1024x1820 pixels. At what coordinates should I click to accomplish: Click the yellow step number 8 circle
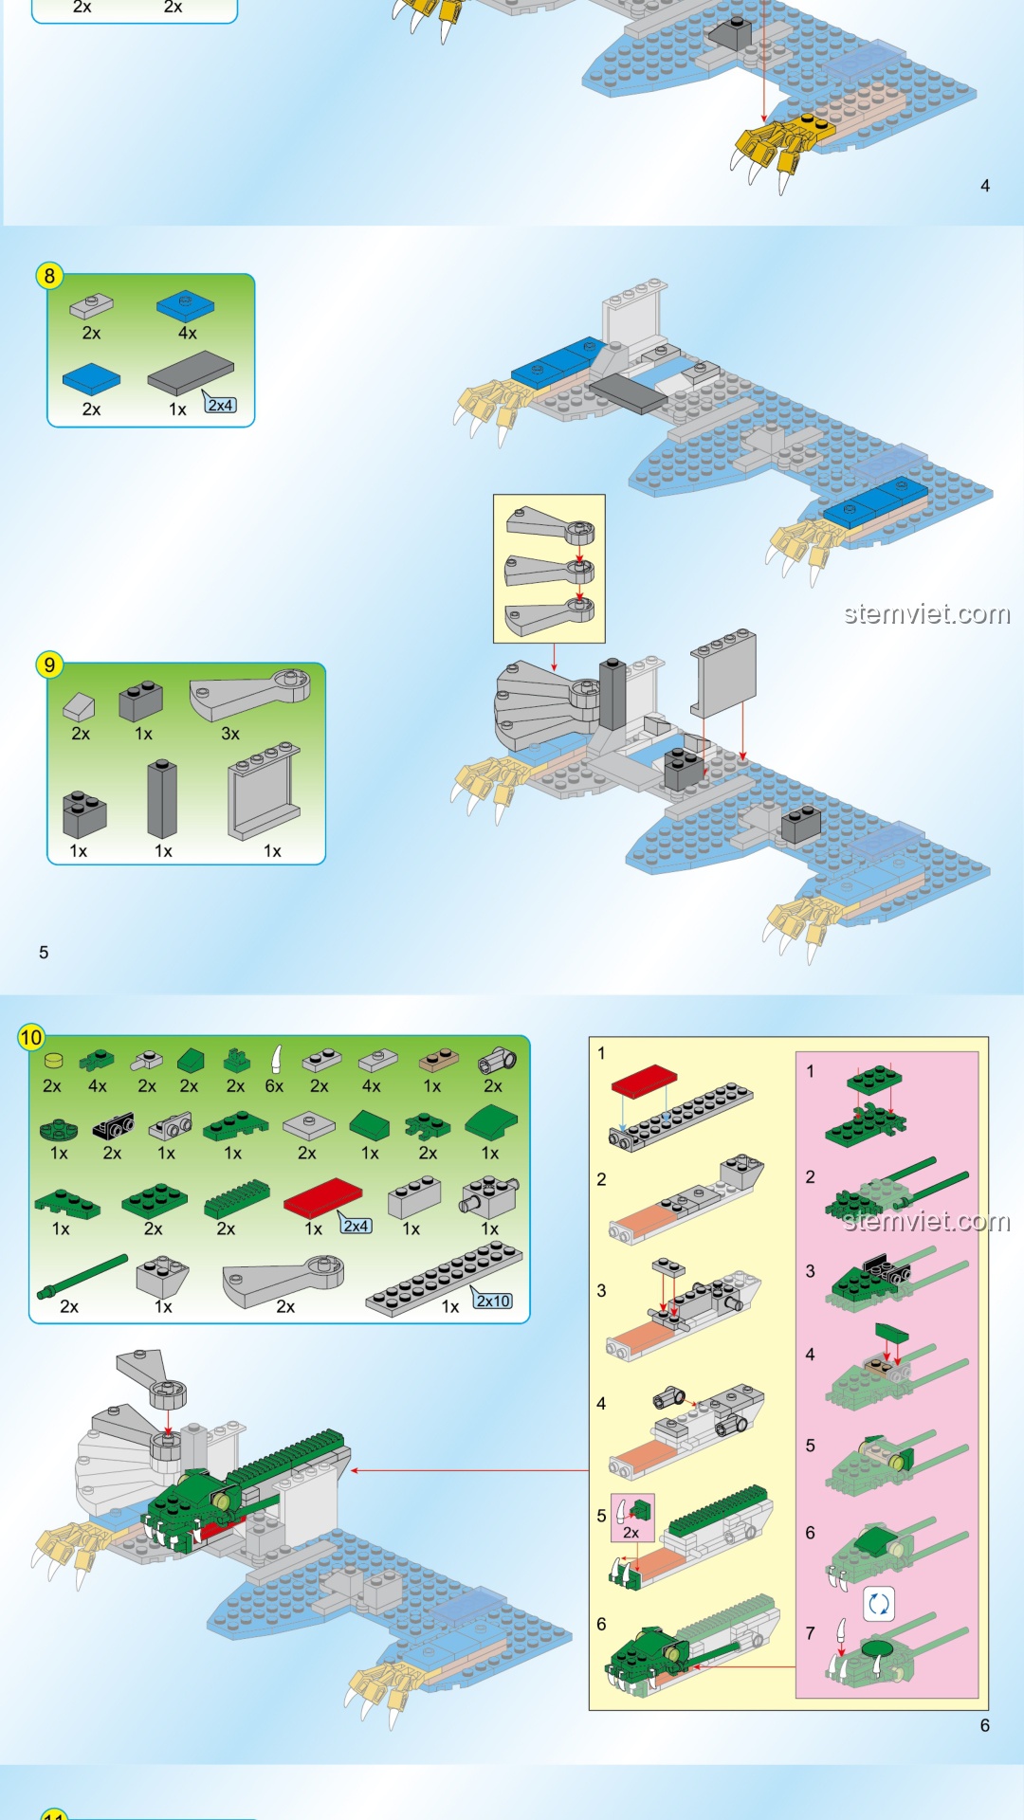click(x=49, y=276)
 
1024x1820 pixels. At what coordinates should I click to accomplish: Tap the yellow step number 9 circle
click(x=49, y=664)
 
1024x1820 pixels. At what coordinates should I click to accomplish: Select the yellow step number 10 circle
click(x=31, y=1037)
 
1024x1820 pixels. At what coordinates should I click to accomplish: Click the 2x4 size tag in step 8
click(x=220, y=405)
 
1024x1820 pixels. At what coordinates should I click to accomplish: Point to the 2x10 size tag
click(x=493, y=1301)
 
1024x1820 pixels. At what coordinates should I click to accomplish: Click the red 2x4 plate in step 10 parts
click(x=322, y=1198)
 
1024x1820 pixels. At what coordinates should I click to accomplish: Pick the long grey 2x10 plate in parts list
click(x=444, y=1279)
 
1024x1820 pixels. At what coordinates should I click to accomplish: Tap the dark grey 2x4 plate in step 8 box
click(x=191, y=373)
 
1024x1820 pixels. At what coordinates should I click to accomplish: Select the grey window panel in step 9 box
click(x=264, y=792)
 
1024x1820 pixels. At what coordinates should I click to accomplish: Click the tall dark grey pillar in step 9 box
click(x=162, y=799)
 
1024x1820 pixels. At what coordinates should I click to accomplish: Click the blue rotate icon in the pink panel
click(x=879, y=1604)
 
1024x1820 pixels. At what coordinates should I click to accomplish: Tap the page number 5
click(x=44, y=953)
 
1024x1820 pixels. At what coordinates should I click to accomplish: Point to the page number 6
click(x=985, y=1725)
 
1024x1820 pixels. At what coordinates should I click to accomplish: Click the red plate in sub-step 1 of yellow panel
click(x=644, y=1081)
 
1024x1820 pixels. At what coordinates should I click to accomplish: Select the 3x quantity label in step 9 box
click(x=230, y=734)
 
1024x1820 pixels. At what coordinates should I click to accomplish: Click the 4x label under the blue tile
click(x=188, y=333)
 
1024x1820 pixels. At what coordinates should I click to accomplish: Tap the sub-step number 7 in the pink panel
click(x=810, y=1633)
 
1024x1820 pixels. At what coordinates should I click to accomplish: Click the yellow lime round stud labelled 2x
click(x=53, y=1062)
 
